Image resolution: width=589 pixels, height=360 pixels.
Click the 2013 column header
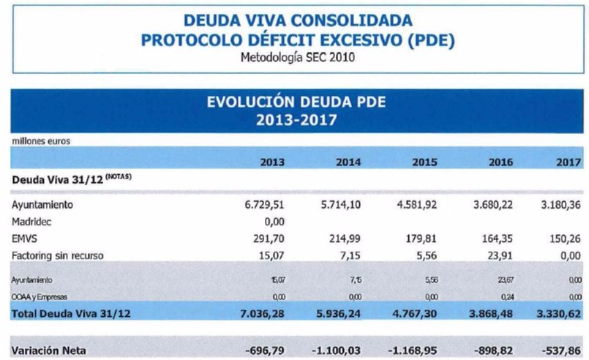272,162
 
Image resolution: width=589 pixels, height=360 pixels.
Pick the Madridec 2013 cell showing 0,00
274,222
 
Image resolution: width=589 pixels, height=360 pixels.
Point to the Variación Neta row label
48,350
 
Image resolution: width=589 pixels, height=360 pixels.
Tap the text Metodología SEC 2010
296,57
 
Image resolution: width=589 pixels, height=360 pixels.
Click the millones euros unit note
40,141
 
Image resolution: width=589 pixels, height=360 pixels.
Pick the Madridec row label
31,222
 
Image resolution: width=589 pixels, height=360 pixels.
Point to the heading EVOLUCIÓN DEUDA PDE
297,103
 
